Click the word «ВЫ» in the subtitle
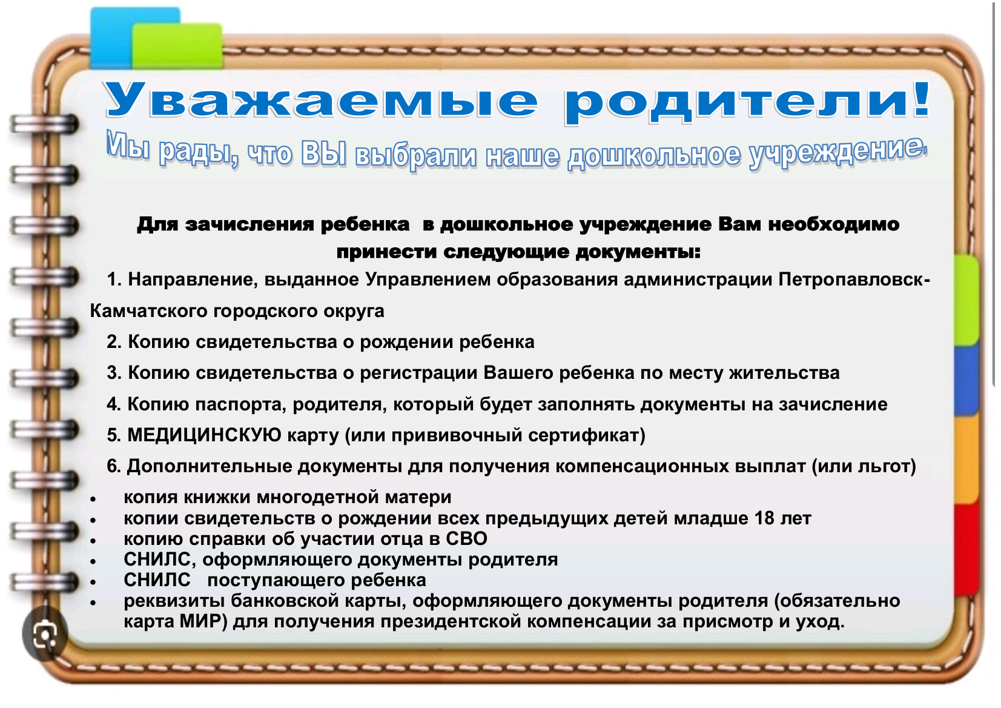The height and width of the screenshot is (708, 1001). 323,154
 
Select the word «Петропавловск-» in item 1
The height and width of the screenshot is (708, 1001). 854,280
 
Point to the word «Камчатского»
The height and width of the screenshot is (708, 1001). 148,312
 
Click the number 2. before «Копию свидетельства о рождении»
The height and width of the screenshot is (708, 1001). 114,342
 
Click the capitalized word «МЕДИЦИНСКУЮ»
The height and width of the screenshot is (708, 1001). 204,435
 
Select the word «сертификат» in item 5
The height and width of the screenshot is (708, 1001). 584,435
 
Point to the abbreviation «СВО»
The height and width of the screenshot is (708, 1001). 466,539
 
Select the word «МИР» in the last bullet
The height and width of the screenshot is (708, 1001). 203,622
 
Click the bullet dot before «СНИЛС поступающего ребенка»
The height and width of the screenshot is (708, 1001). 93,582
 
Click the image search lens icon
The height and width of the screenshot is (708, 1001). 45,634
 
